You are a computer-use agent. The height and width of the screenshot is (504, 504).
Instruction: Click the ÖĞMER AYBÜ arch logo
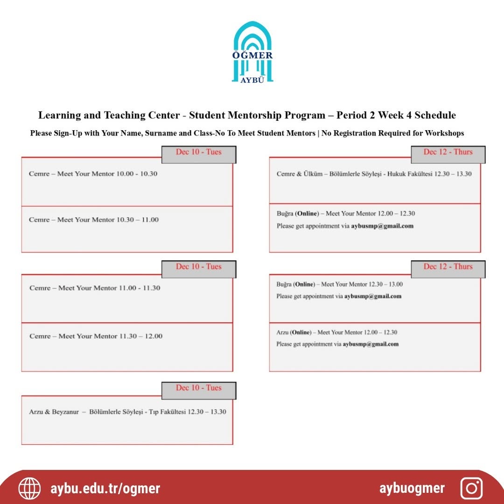[x=252, y=52]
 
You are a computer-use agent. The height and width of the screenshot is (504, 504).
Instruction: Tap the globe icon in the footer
[x=29, y=489]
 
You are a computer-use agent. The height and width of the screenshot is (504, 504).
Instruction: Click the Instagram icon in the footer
[x=471, y=489]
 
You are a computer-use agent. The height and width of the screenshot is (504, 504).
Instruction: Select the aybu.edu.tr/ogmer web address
[x=105, y=489]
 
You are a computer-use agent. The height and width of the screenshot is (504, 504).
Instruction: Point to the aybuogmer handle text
[x=412, y=489]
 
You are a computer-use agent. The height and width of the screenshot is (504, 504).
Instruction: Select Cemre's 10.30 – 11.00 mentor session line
[x=93, y=220]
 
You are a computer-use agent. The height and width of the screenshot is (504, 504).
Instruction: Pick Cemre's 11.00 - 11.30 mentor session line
[x=94, y=288]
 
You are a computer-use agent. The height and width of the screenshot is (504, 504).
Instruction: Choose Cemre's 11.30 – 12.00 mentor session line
[x=96, y=336]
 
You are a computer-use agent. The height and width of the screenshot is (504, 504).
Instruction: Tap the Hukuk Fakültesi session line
[x=374, y=174]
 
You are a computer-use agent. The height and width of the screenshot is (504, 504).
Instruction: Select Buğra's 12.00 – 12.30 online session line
[x=345, y=214]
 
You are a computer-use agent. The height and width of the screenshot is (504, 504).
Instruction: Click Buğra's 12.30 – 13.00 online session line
[x=339, y=284]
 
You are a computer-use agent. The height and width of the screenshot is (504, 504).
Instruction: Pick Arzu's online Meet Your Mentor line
[x=336, y=332]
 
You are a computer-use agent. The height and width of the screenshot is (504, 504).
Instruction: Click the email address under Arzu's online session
[x=371, y=344]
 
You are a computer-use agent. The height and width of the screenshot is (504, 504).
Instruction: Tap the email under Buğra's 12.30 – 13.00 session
[x=373, y=296]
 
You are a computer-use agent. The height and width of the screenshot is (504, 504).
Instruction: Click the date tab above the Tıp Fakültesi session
[x=198, y=388]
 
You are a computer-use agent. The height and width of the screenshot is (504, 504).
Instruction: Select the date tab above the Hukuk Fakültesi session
[x=448, y=152]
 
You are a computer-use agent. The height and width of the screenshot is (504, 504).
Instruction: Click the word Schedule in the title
[x=431, y=115]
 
